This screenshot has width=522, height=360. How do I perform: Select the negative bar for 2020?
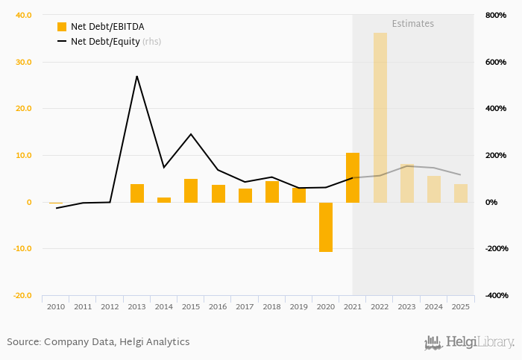(326, 227)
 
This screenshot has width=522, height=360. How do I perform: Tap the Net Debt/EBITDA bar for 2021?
(353, 177)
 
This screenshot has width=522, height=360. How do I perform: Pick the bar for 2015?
(191, 191)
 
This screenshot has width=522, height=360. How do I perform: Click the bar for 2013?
(137, 193)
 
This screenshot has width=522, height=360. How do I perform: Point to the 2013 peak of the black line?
(137, 76)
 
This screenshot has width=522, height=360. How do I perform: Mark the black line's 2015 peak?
(191, 134)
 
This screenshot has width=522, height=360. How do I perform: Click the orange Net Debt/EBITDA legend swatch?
(62, 27)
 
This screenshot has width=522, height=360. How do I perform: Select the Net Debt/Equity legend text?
(105, 42)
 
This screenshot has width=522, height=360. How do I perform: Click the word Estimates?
(412, 24)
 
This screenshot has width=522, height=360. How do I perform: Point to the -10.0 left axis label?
(22, 249)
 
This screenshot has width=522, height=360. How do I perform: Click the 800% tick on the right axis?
(496, 15)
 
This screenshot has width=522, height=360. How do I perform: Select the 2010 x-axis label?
(56, 306)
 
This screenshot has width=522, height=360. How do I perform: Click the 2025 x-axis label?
(461, 306)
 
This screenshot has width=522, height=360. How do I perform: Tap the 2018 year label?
(272, 306)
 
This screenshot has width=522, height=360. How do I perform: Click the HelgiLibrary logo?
(469, 343)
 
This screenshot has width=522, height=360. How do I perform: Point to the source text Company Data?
(78, 342)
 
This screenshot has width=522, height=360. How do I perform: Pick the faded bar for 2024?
(434, 189)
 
